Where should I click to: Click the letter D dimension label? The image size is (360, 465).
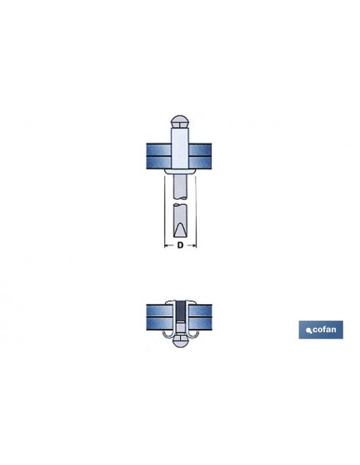click(x=180, y=245)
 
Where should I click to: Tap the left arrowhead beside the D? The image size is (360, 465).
click(x=166, y=245)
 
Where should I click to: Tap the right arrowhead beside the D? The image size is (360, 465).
click(x=194, y=245)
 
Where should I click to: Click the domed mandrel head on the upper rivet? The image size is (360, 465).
click(x=180, y=122)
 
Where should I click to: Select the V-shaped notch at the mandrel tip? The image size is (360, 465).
click(x=180, y=230)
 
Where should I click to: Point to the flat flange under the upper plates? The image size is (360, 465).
click(x=180, y=171)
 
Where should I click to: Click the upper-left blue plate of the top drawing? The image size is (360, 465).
click(x=158, y=150)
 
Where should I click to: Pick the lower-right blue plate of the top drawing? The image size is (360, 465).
click(x=200, y=162)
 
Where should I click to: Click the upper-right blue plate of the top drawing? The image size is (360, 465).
click(x=200, y=150)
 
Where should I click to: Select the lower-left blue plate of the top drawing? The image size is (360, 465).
click(x=158, y=162)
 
